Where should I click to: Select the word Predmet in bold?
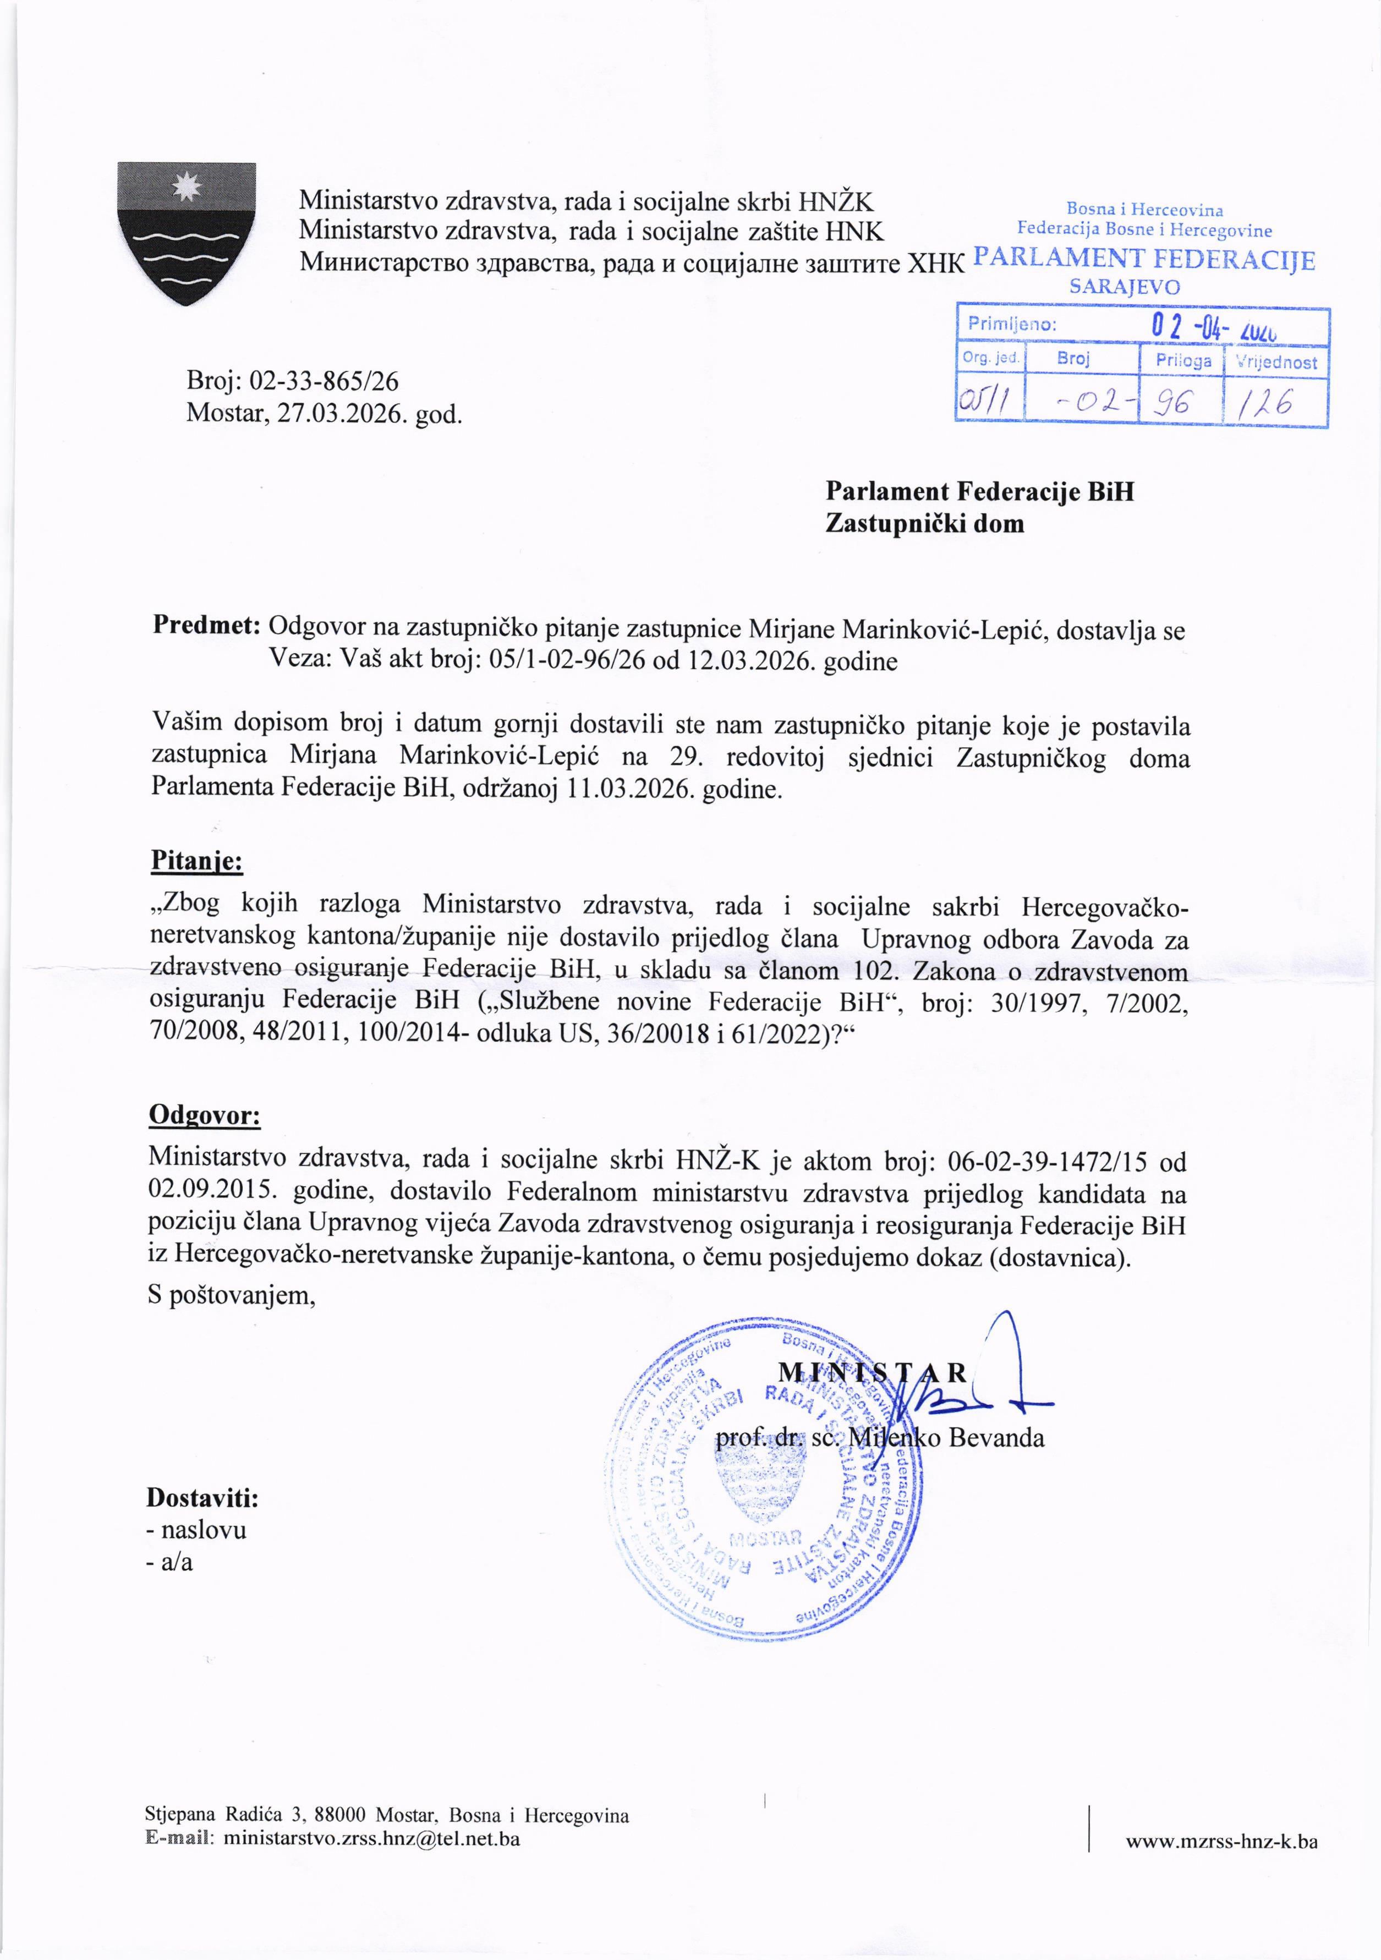tap(206, 626)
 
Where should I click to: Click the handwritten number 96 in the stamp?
tap(1180, 402)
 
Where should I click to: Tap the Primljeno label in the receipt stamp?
tap(1011, 325)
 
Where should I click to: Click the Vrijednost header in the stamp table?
tap(1278, 362)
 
